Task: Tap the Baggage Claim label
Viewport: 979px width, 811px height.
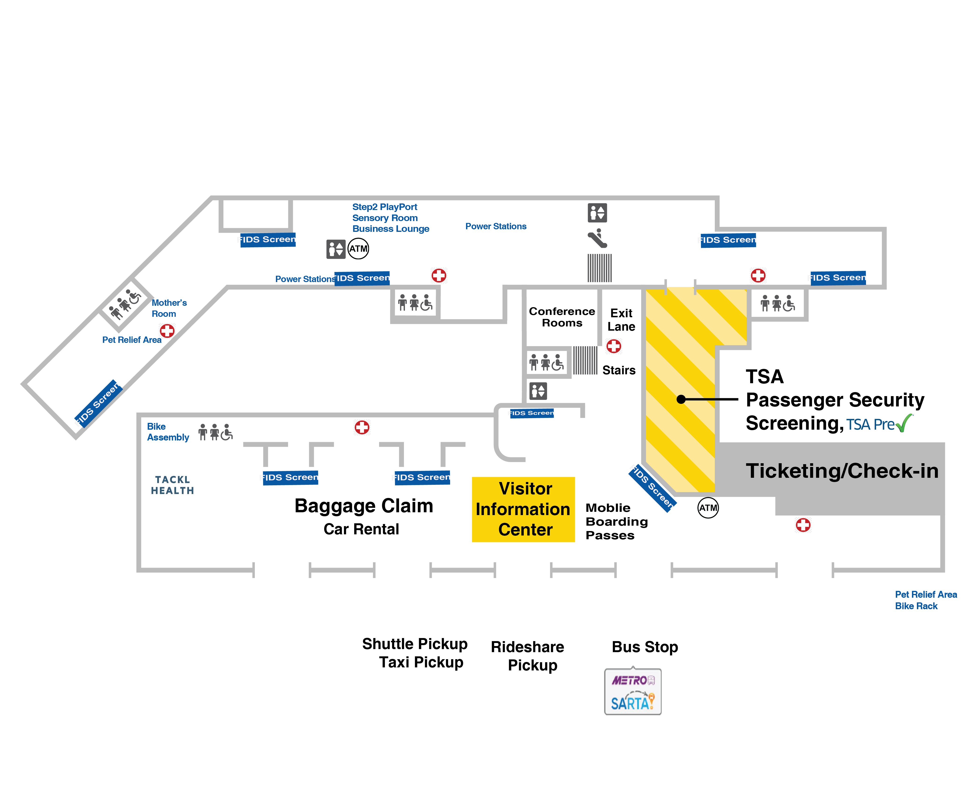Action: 364,506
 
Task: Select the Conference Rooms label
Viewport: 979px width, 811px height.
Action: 562,317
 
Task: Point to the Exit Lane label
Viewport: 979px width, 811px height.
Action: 621,320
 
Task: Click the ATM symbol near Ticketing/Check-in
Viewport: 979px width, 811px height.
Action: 708,508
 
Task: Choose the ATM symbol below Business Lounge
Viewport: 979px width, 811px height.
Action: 358,249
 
